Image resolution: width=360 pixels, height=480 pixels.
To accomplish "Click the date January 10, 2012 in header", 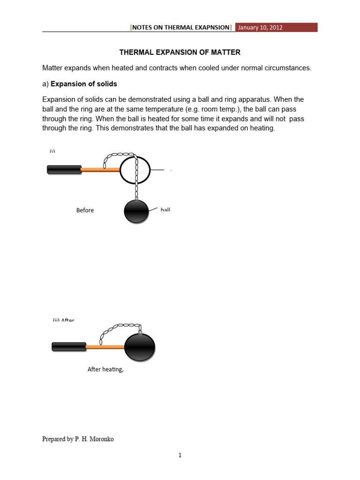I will tap(260, 28).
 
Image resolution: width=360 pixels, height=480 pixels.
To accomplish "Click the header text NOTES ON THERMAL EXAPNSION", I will tap(181, 28).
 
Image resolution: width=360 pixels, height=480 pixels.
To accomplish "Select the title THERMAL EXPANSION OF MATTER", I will tap(180, 52).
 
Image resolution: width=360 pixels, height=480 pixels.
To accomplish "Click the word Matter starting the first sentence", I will tap(53, 68).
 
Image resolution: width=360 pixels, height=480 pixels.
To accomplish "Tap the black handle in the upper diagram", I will tap(64, 169).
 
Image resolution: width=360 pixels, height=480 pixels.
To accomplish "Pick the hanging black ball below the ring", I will tap(136, 211).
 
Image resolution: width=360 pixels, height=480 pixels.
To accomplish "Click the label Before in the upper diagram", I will tap(85, 210).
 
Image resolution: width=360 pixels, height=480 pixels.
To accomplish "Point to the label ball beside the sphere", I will tap(165, 210).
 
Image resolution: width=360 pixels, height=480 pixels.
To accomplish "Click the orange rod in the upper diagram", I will tap(100, 170).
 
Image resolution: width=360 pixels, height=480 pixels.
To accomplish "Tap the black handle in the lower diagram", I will tap(69, 346).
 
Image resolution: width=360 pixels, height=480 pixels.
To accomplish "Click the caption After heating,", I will tap(105, 369).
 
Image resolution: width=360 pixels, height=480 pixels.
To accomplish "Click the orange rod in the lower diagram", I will tap(105, 347).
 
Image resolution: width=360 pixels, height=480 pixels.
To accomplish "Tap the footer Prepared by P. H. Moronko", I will tap(78, 439).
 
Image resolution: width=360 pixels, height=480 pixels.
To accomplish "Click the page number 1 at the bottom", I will tap(180, 455).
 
